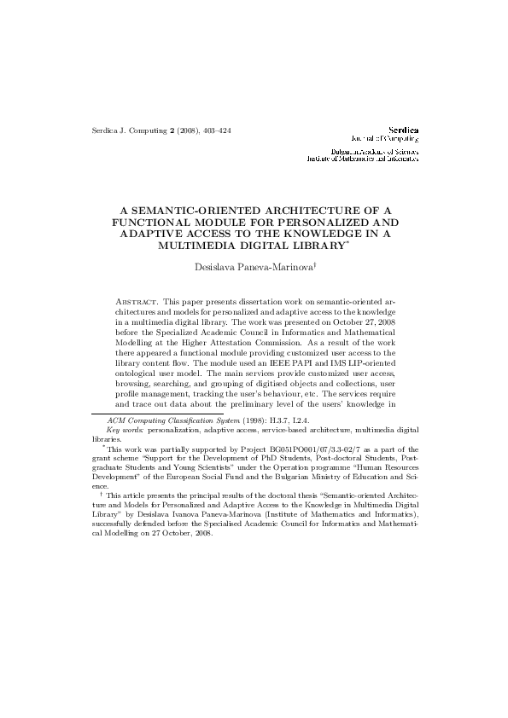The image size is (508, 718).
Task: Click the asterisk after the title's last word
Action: (347, 242)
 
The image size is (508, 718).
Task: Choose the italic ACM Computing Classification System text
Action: (162, 421)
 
